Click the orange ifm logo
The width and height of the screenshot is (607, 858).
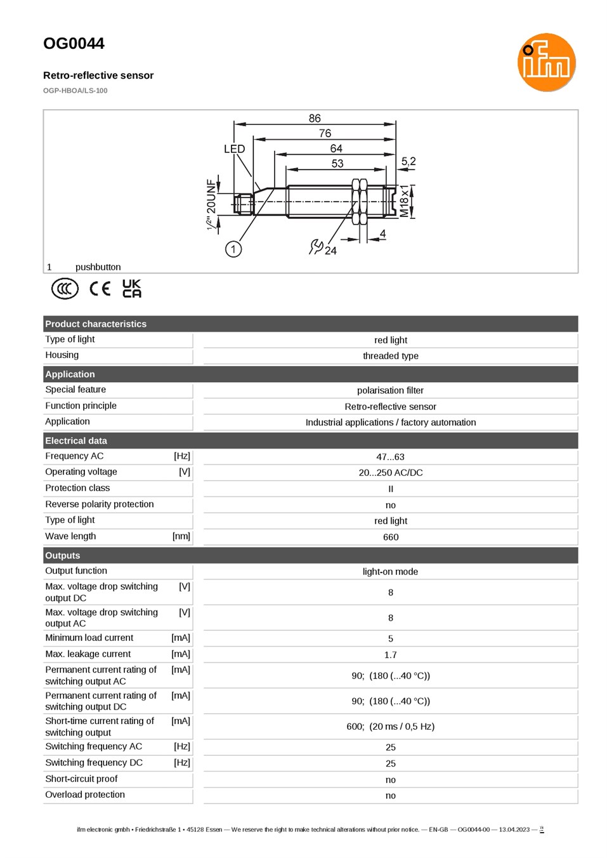546,62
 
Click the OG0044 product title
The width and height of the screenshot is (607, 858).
74,43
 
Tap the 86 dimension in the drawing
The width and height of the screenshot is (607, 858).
315,118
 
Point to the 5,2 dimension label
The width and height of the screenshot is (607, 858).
408,161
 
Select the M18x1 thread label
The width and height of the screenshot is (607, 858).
404,201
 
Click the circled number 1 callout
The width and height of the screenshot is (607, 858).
233,249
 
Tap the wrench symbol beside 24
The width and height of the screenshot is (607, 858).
316,247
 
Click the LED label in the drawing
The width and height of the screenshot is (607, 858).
234,148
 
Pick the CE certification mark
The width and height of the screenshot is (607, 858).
100,289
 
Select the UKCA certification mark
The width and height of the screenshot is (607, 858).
132,288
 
